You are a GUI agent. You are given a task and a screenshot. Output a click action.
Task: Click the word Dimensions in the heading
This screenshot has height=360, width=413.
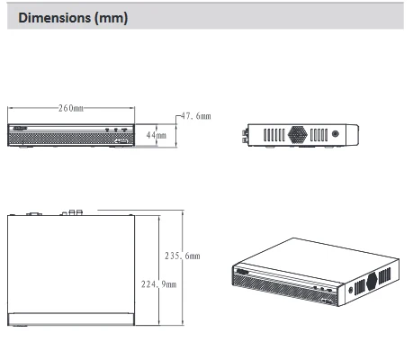(x=55, y=18)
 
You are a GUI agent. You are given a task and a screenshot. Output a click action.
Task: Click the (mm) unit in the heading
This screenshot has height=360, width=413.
(x=112, y=18)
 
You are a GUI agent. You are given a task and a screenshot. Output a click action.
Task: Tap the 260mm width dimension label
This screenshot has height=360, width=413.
(x=71, y=108)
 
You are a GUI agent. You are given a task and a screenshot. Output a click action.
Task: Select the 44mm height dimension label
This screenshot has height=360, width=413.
(x=156, y=135)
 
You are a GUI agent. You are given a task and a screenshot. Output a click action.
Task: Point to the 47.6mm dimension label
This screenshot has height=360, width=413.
(x=196, y=116)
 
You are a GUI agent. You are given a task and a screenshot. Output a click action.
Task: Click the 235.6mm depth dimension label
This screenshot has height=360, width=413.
(x=183, y=256)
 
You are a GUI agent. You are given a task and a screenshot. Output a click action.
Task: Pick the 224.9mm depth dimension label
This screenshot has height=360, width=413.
(x=159, y=284)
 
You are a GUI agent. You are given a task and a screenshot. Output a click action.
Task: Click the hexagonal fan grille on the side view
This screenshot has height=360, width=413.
(x=298, y=134)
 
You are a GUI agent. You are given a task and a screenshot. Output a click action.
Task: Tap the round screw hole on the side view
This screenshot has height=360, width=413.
(x=336, y=134)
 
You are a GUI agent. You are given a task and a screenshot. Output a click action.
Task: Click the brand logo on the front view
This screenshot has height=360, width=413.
(x=20, y=128)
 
